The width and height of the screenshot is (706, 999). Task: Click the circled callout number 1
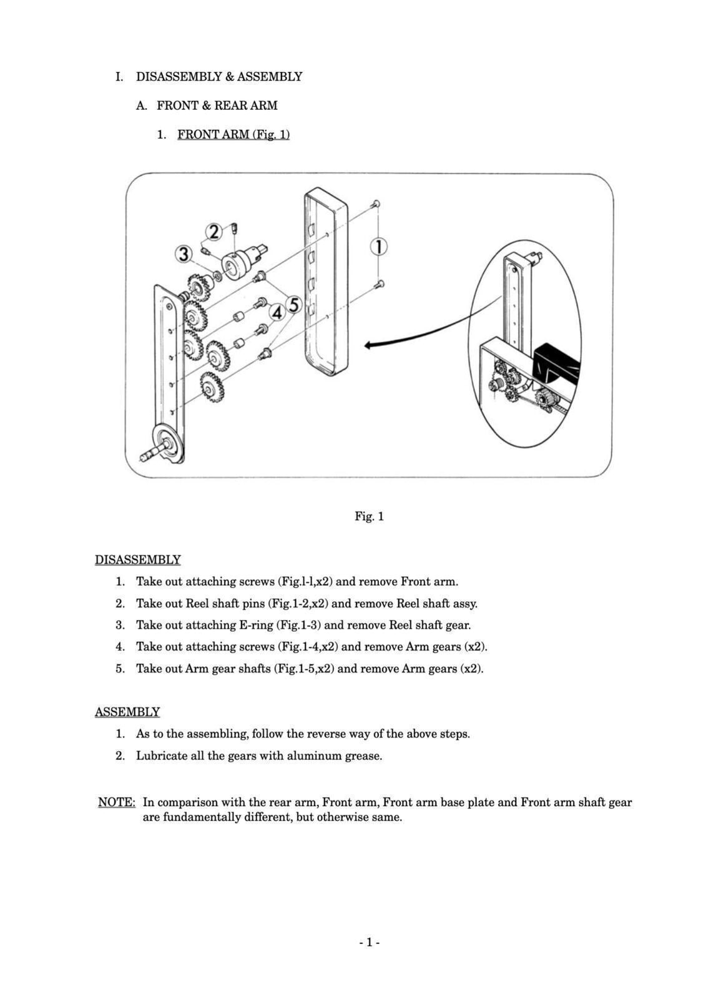point(378,247)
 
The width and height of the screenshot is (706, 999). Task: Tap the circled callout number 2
point(214,232)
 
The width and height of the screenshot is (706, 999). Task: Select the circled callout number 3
point(183,254)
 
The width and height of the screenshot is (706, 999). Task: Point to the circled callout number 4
point(277,312)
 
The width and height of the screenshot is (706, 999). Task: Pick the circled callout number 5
point(293,305)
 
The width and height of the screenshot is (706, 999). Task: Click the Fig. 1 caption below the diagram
point(369,516)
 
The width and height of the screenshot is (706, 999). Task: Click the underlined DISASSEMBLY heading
point(138,559)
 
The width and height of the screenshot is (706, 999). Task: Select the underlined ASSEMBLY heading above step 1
point(127,712)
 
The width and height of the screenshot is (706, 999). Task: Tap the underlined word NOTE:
point(117,802)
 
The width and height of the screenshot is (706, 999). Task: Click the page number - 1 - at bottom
point(369,942)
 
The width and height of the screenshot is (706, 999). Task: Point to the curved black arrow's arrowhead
point(368,345)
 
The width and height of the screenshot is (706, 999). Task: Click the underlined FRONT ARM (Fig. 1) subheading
point(233,134)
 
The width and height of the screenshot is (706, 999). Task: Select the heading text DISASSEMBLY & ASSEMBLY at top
point(219,77)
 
